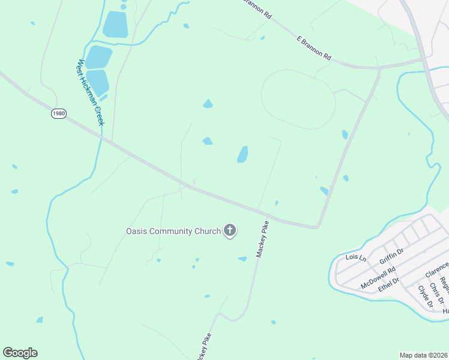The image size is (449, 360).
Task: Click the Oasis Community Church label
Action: [x=173, y=231]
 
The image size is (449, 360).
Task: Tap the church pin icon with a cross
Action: [x=229, y=230]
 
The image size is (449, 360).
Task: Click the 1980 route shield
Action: [x=58, y=113]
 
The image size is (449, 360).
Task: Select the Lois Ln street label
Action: [x=356, y=257]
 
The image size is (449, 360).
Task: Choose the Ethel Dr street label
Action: [x=388, y=283]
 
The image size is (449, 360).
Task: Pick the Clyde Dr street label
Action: [x=425, y=296]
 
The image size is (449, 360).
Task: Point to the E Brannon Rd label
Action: [x=314, y=47]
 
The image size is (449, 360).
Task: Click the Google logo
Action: [x=20, y=353]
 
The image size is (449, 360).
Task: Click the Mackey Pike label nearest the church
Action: [x=262, y=239]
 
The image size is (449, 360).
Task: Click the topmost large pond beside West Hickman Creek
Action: [x=116, y=25]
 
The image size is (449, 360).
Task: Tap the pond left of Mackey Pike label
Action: [x=242, y=259]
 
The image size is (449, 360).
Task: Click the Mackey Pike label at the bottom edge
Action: [x=203, y=348]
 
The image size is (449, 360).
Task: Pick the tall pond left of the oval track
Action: [x=243, y=154]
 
